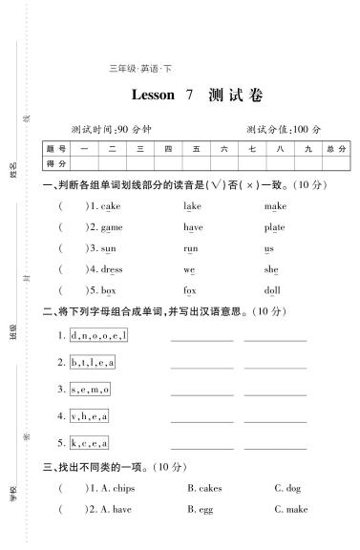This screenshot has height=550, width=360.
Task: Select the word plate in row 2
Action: [274, 227]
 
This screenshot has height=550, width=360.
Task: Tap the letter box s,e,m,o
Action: [90, 390]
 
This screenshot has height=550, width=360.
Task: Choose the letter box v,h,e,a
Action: [89, 416]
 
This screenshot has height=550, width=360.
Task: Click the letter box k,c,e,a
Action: [89, 443]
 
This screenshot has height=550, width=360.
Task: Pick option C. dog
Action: [287, 489]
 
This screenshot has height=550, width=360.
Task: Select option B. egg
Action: [199, 510]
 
